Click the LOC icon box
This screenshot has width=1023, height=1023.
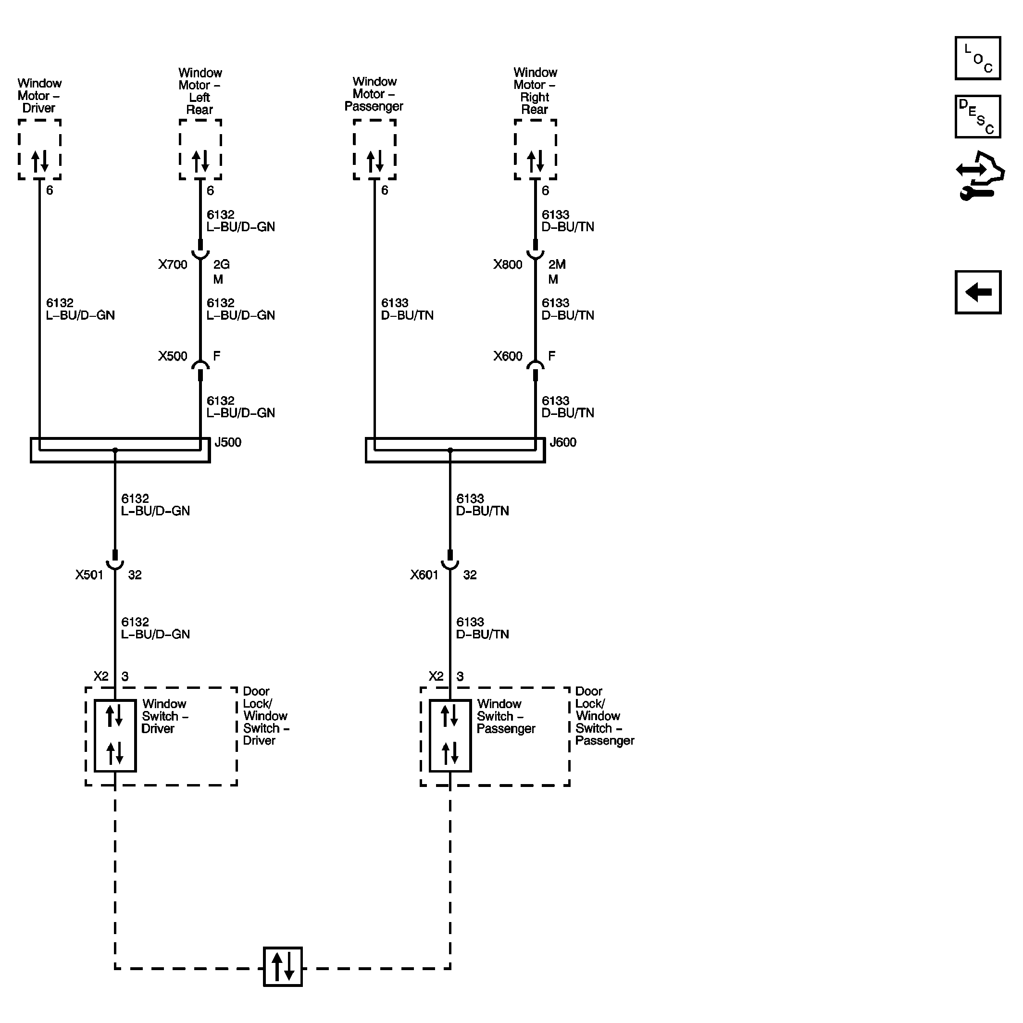(977, 58)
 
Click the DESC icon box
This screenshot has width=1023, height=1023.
(977, 116)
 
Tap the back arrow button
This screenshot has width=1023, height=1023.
(977, 292)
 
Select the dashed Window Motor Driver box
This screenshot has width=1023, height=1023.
(40, 150)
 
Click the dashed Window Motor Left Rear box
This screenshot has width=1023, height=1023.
(200, 150)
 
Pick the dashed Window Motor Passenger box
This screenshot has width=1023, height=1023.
(374, 150)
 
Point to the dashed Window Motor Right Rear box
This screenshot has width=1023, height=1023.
(536, 150)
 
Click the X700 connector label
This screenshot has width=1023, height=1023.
(173, 264)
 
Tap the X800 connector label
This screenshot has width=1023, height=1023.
(507, 264)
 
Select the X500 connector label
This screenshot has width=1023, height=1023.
(173, 356)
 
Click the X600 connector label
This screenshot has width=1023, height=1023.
(507, 356)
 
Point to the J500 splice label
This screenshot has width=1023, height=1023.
(228, 442)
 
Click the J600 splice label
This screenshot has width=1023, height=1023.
(563, 442)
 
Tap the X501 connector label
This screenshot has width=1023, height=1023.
(89, 575)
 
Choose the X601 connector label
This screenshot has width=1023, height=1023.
(424, 575)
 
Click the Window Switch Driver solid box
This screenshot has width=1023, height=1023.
(115, 736)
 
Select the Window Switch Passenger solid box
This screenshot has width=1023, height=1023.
(450, 736)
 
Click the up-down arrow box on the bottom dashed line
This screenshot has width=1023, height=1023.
(283, 967)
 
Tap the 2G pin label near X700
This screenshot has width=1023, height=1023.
(221, 264)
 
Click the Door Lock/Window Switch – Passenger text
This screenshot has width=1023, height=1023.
(604, 716)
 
